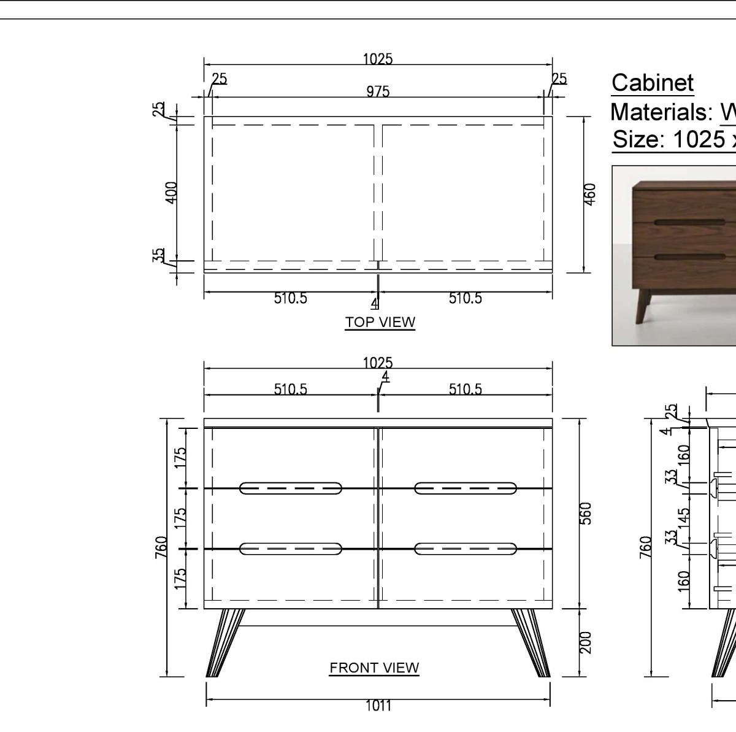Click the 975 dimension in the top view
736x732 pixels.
(x=378, y=91)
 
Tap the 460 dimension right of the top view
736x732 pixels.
(x=589, y=193)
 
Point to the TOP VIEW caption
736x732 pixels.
(x=380, y=322)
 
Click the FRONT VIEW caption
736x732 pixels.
(x=374, y=668)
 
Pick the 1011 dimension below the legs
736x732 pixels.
(x=378, y=706)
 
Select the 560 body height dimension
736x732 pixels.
(x=586, y=513)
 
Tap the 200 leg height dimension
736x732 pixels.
(x=586, y=642)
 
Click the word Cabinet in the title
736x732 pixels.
(x=653, y=83)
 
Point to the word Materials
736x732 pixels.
(x=659, y=112)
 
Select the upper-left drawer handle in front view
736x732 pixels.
(x=291, y=488)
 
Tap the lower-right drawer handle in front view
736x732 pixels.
(x=466, y=549)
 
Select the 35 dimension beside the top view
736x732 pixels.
(x=159, y=255)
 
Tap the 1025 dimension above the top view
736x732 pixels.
(x=378, y=59)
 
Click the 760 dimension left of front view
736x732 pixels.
(x=161, y=547)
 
